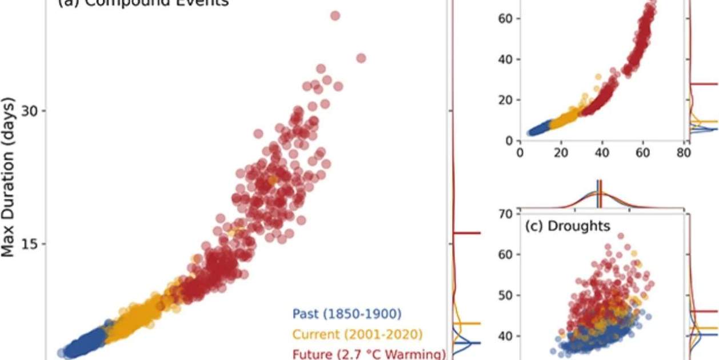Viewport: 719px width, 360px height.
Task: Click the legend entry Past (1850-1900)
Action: [347, 314]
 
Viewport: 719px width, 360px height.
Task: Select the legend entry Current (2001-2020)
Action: [357, 334]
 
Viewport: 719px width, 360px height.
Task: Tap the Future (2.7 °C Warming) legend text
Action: [369, 354]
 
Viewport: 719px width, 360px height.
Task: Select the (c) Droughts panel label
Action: [568, 226]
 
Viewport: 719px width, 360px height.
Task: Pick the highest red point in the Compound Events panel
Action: [335, 15]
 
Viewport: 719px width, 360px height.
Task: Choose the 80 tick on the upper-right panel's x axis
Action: [682, 153]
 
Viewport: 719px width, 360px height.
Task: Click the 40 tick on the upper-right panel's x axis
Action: [601, 153]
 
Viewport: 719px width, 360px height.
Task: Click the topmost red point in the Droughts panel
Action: [621, 235]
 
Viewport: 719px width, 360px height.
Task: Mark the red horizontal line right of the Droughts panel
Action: [704, 311]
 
